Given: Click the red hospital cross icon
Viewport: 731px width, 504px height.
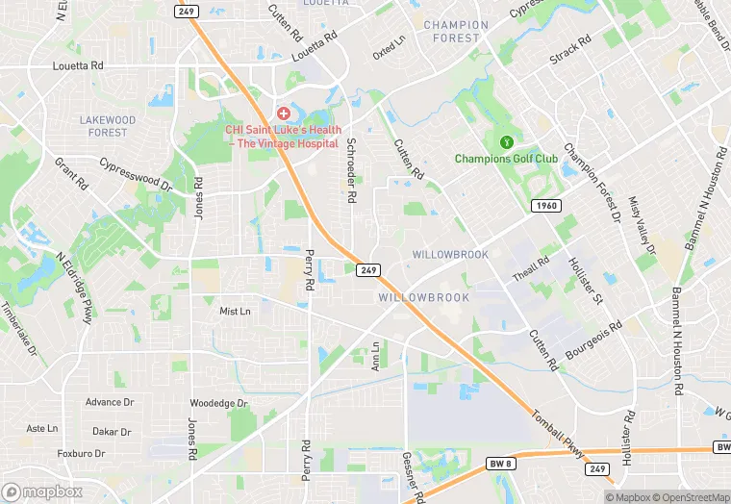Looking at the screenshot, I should (285, 114).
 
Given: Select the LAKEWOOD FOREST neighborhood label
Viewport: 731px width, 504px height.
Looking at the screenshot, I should (107, 126).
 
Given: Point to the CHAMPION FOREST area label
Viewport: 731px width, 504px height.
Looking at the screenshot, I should (456, 32).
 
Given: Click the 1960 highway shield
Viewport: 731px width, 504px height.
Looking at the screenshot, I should (545, 206).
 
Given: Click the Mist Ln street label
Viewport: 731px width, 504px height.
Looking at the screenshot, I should (235, 312).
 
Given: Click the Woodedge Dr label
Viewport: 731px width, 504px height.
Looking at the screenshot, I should (218, 403).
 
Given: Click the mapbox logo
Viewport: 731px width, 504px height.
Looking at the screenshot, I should (43, 491).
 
